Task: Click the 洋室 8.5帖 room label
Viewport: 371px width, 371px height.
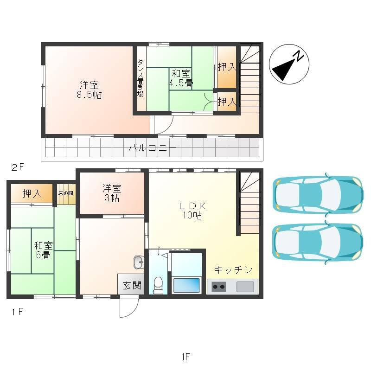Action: (89, 90)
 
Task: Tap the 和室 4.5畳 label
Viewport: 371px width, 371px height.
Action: (181, 78)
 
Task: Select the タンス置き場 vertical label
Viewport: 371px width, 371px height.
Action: (141, 78)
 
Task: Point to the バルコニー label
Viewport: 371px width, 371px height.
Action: (153, 148)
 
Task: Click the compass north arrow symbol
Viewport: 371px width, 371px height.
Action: (289, 64)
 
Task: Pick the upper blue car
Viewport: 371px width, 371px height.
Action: (318, 195)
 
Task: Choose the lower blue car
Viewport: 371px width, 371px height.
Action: (318, 242)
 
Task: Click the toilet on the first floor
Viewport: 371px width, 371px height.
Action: (158, 285)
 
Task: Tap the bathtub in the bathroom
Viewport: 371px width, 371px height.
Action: (186, 285)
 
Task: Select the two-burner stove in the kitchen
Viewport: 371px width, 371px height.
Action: (218, 287)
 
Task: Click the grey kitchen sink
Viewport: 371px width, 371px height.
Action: (245, 287)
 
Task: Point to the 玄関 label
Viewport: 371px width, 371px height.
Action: (132, 285)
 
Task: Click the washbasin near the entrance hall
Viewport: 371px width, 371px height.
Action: (139, 262)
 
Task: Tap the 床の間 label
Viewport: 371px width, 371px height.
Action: (66, 193)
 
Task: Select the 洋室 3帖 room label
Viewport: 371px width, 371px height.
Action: (112, 193)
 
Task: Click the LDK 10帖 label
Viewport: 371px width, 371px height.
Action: (192, 211)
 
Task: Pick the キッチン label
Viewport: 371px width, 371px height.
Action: (233, 269)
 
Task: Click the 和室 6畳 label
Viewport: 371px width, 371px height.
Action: (43, 250)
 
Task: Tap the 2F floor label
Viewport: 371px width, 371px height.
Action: (17, 167)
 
